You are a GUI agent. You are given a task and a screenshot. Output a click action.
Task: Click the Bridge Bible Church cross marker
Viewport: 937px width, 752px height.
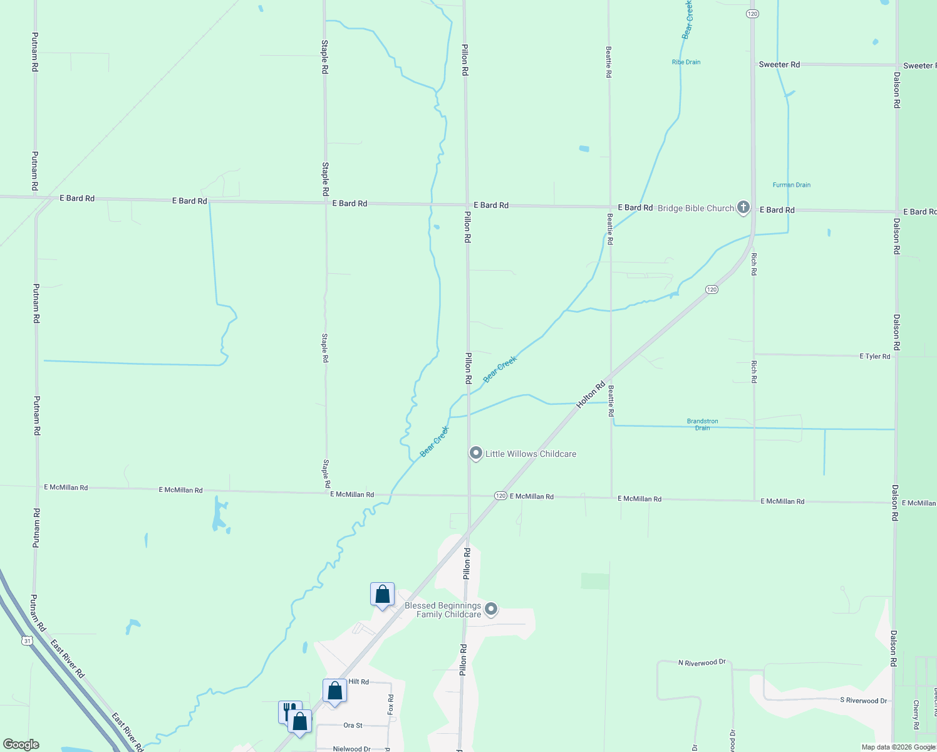pos(743,207)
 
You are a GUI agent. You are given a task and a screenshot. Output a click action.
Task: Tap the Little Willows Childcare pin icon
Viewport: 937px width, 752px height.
pos(475,453)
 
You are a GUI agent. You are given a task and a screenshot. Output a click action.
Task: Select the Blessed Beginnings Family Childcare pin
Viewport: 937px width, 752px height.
pos(491,608)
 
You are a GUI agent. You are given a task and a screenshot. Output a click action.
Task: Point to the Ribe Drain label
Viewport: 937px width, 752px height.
pos(686,62)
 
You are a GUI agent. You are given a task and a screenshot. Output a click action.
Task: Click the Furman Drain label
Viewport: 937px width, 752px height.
pos(791,185)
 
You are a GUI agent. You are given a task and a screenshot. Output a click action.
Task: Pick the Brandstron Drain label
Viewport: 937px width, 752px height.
pos(702,424)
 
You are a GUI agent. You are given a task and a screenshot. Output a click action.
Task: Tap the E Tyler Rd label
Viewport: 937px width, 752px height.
pos(875,356)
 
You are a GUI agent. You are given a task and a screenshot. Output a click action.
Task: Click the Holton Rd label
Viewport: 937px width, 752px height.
pos(591,395)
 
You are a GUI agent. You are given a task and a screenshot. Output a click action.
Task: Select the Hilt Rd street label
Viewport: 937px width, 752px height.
pos(358,682)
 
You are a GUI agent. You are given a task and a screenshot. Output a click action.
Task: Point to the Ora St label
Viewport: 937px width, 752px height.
pos(353,725)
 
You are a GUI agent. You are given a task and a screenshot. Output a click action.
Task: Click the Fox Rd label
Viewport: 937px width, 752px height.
pos(390,704)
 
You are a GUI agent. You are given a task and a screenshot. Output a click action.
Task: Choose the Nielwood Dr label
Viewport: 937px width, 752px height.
pos(351,748)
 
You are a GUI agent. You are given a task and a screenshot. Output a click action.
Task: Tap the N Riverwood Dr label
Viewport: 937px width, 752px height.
pos(701,662)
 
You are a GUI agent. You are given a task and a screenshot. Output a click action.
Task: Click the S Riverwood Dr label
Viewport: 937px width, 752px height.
pos(863,700)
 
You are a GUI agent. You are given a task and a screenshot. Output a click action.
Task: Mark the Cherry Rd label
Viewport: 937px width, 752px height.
pos(915,714)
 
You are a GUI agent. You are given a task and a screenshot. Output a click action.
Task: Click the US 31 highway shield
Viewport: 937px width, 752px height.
pos(26,640)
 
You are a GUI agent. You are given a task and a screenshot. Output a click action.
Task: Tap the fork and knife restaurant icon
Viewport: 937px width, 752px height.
pos(289,711)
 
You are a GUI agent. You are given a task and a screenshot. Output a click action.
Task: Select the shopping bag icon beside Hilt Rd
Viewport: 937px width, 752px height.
pos(334,691)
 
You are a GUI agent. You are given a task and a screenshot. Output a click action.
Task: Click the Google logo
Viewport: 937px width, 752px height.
pos(21,744)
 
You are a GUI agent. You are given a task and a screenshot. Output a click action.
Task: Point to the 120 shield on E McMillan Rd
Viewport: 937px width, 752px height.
pos(500,496)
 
